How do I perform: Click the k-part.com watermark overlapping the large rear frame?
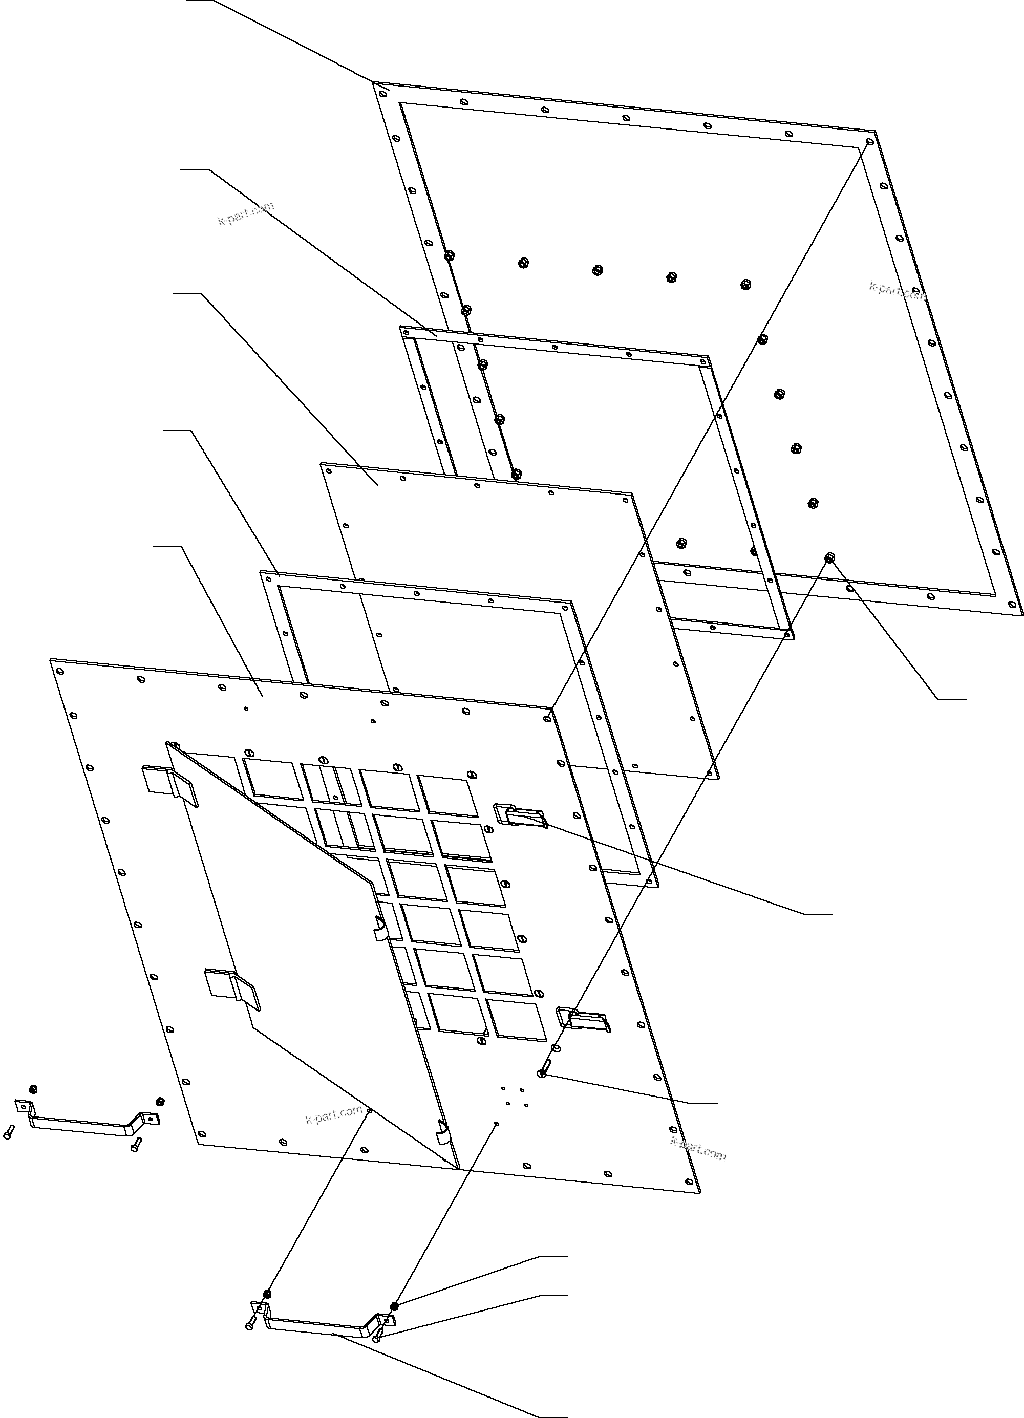(x=898, y=291)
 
